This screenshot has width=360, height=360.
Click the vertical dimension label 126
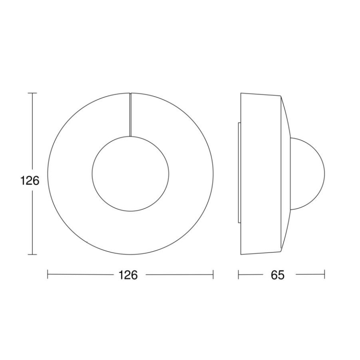30,181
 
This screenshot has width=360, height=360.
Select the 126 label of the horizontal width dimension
128,275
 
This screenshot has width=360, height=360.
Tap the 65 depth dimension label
278,275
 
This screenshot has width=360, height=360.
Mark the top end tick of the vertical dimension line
32,93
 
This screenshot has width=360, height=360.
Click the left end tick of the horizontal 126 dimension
48,275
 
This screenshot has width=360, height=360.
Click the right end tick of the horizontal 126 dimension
213,275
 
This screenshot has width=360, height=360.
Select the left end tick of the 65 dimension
238,275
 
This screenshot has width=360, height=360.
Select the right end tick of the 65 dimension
324,275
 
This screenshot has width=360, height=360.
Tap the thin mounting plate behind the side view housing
239,173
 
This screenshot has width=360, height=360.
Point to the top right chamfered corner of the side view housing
282,97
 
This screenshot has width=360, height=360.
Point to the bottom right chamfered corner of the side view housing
282,251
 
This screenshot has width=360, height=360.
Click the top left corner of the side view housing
241,93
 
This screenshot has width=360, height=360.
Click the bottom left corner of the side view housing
241,254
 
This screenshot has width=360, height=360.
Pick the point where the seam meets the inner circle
130,136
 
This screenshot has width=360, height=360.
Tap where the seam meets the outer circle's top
130,93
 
